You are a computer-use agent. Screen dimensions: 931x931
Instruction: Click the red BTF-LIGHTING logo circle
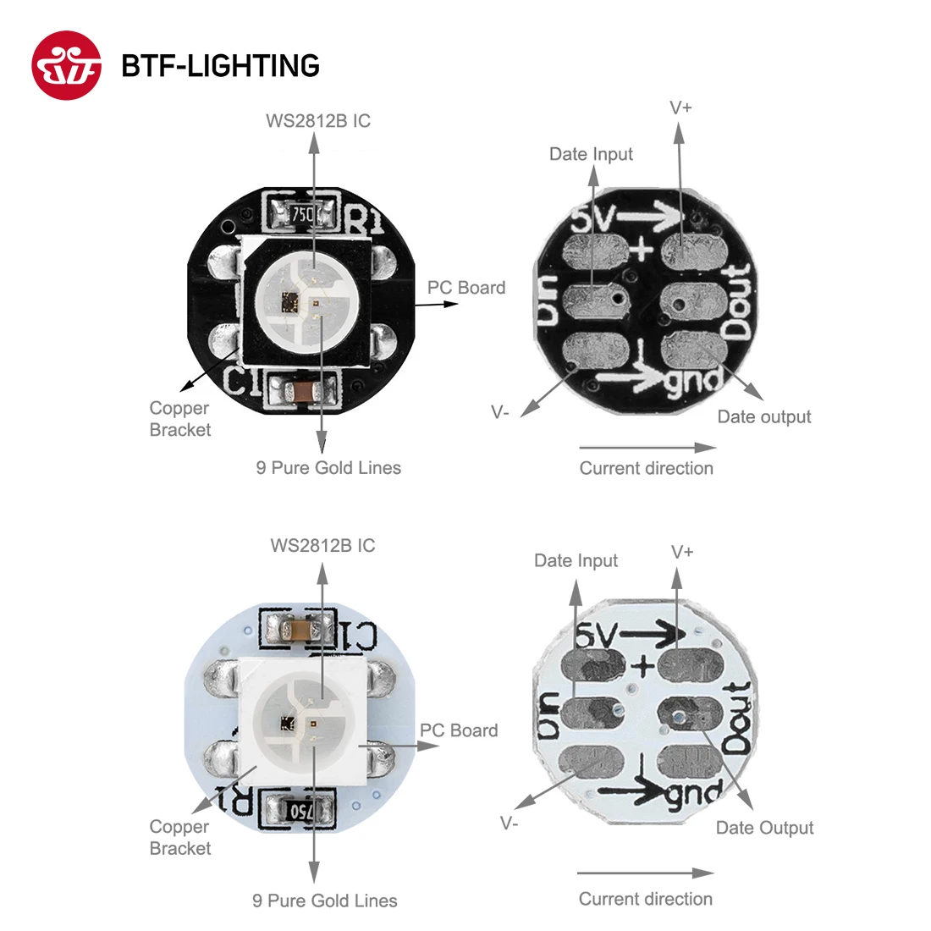(x=66, y=65)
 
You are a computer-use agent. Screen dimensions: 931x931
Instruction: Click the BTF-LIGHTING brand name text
(x=220, y=66)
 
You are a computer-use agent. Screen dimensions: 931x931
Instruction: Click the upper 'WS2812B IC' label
(x=318, y=121)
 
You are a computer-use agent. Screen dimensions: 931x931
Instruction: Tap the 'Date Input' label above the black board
(x=591, y=154)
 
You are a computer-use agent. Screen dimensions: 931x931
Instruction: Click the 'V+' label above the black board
(x=680, y=107)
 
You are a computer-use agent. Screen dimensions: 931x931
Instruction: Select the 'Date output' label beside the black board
(x=763, y=416)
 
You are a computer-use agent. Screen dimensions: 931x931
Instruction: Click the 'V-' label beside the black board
(x=500, y=412)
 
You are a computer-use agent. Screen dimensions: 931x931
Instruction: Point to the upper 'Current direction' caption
(x=646, y=468)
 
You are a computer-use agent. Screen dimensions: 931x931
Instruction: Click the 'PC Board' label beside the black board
(x=465, y=288)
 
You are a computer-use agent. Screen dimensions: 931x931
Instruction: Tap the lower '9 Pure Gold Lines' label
(x=324, y=901)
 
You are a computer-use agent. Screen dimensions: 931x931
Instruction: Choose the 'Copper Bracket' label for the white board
(x=179, y=837)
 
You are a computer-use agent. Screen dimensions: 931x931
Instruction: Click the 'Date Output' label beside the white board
(x=764, y=828)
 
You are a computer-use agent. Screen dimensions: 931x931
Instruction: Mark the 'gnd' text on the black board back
(x=694, y=381)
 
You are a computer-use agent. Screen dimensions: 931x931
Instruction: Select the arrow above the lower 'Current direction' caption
(x=646, y=873)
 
